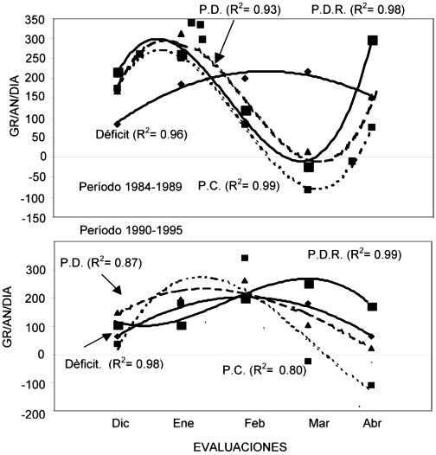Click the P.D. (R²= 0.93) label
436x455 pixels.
click(x=240, y=10)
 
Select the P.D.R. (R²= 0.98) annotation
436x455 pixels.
click(x=357, y=10)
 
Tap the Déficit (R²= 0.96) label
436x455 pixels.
click(x=141, y=134)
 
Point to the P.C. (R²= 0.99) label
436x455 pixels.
click(x=239, y=186)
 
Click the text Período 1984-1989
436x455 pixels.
click(x=131, y=187)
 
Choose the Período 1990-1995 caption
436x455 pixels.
click(x=131, y=230)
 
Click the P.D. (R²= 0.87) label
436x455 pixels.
click(x=101, y=263)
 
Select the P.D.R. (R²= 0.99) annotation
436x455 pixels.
click(x=355, y=254)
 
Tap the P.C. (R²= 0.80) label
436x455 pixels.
click(x=264, y=370)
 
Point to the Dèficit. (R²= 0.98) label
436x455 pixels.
click(x=114, y=364)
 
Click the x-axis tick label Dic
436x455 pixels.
click(x=120, y=423)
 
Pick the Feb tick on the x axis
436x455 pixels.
click(x=254, y=423)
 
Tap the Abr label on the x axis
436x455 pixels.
click(x=372, y=423)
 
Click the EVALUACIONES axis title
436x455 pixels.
click(x=240, y=447)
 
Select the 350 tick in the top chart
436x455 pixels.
click(x=35, y=21)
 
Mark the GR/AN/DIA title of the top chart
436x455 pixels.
click(x=14, y=106)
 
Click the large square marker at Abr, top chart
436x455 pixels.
click(x=373, y=41)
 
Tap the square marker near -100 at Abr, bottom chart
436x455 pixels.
click(x=371, y=385)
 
